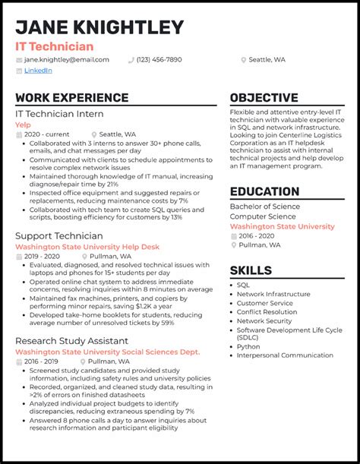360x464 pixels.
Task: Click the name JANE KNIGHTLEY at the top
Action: coord(99,27)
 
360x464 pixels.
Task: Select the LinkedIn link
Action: coord(38,71)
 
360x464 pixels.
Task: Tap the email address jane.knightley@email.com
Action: coord(66,59)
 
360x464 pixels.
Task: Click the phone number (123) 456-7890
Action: coord(159,59)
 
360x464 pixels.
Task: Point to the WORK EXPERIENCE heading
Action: coord(71,98)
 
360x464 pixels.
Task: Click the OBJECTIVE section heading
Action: coord(264,98)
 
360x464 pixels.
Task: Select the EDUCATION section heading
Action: coord(264,192)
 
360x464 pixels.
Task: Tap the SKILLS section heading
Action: coord(251,270)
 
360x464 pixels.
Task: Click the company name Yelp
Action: coord(23,125)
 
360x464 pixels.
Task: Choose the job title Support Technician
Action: coord(58,236)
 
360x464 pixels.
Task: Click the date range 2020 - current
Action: coord(46,134)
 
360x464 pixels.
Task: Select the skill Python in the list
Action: coord(248,347)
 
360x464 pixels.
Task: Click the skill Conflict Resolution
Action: coord(267,311)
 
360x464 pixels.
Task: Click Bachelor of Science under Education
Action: coord(264,207)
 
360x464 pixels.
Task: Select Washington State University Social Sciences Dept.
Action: coord(107,352)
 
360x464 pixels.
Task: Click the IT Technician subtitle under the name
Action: coord(55,46)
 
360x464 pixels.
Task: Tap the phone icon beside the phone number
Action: coord(131,59)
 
